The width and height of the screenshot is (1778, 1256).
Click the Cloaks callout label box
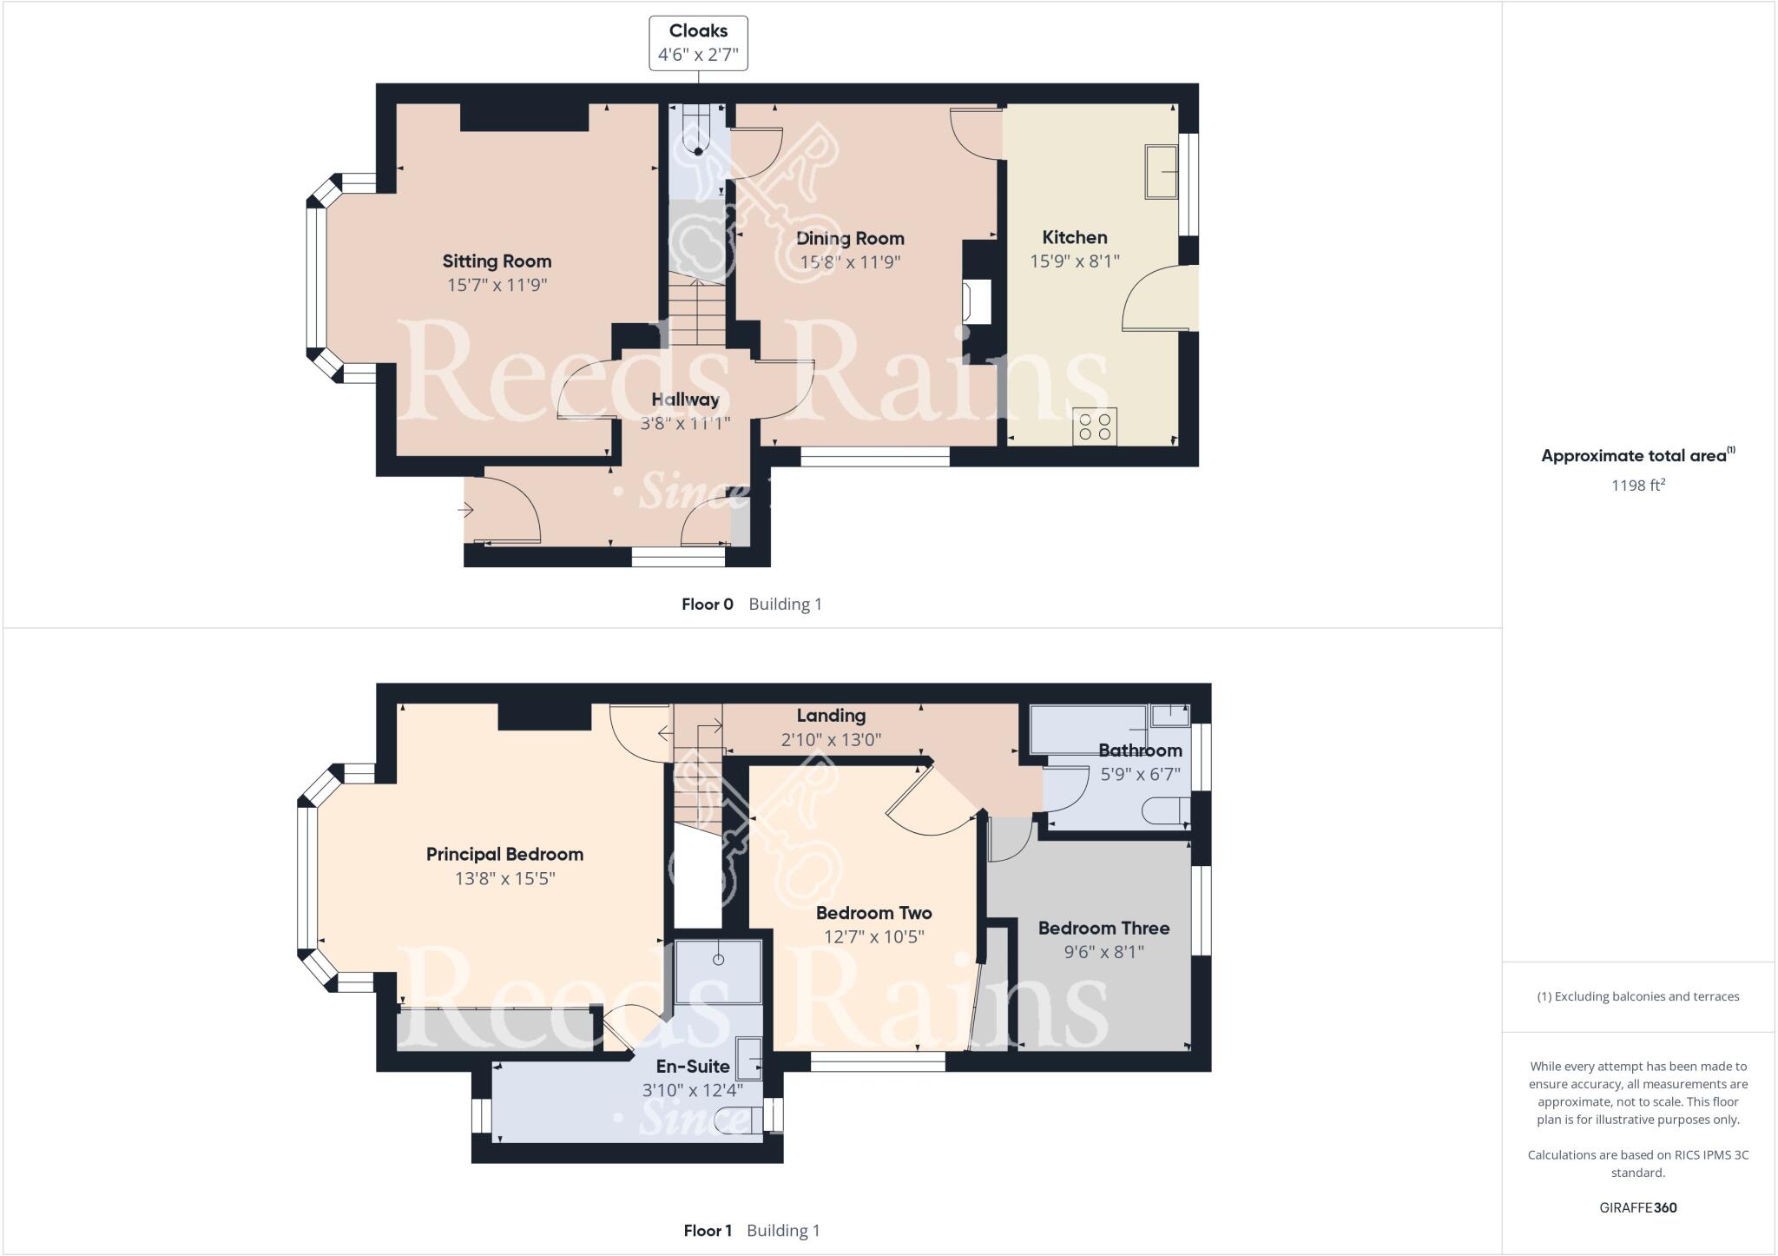pyautogui.click(x=698, y=43)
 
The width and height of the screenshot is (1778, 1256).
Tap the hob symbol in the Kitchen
pyautogui.click(x=1094, y=426)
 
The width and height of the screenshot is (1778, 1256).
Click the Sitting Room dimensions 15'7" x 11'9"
pyautogui.click(x=497, y=285)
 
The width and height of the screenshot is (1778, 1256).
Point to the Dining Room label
pyautogui.click(x=850, y=238)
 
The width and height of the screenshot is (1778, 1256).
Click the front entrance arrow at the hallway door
pyautogui.click(x=465, y=511)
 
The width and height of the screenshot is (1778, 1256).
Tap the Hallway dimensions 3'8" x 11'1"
pyautogui.click(x=685, y=424)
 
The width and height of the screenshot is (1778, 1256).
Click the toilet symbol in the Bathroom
pyautogui.click(x=1163, y=812)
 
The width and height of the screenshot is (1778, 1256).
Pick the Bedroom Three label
pyautogui.click(x=1103, y=928)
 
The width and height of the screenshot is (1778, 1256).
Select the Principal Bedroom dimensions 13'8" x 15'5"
pyautogui.click(x=504, y=878)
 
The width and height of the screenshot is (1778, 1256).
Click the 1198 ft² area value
pyautogui.click(x=1637, y=486)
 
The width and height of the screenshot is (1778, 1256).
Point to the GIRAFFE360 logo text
pyautogui.click(x=1637, y=1207)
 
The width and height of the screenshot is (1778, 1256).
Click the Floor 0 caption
pyautogui.click(x=708, y=605)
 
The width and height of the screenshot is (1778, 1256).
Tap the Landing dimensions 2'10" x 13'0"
pyautogui.click(x=831, y=740)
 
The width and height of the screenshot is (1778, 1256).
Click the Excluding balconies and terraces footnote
pyautogui.click(x=1637, y=996)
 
